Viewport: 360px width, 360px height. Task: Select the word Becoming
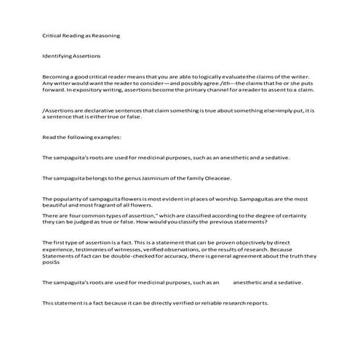click(x=57, y=76)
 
